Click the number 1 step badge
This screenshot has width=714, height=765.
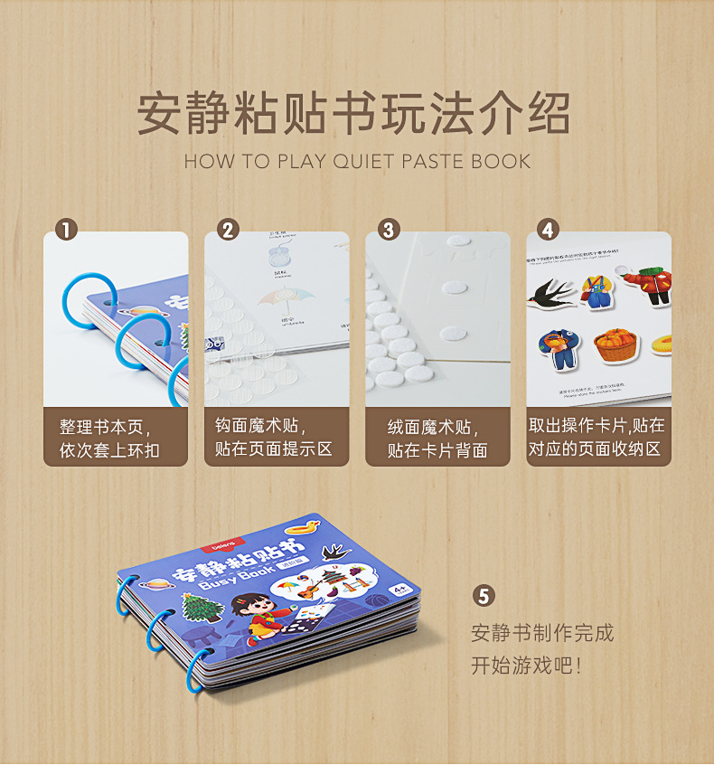(64, 230)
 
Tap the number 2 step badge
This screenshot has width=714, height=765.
(227, 230)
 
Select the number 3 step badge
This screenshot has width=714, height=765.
(389, 230)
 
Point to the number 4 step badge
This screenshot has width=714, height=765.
(548, 230)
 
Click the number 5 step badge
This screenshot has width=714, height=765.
(484, 596)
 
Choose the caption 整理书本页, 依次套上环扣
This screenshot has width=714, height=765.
(115, 438)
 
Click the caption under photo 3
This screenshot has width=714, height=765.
(437, 438)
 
